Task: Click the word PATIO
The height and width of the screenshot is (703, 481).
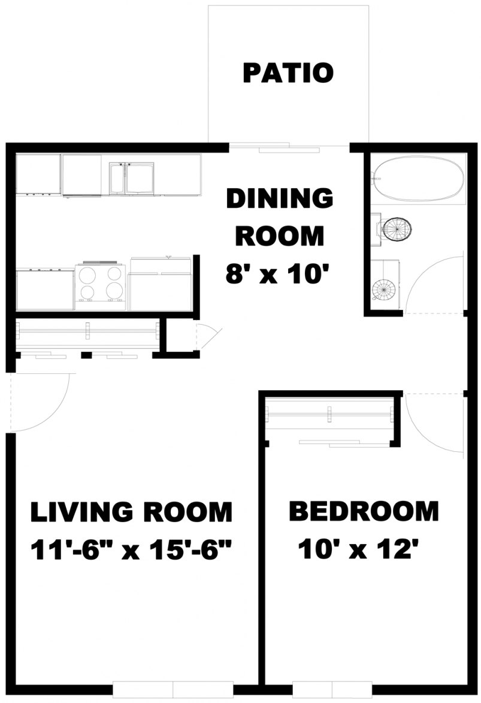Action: [x=288, y=73]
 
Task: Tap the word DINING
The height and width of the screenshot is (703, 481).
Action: [x=279, y=198]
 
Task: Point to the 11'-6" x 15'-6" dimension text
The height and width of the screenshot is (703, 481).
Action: [x=131, y=549]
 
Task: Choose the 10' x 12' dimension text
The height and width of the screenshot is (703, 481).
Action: [x=358, y=549]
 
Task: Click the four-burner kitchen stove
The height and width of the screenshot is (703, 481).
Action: [x=100, y=283]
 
